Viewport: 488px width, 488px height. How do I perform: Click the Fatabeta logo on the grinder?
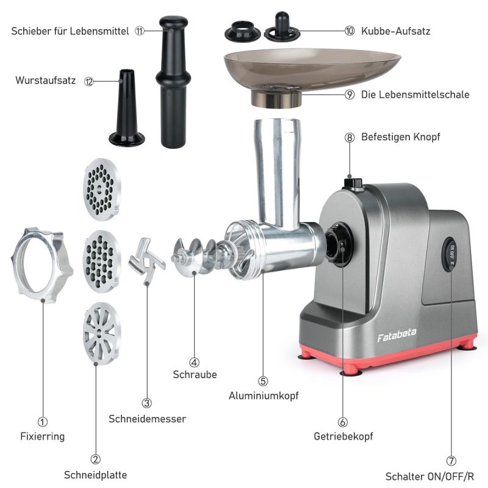pos(396,335)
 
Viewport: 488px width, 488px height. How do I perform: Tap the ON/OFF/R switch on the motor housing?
pos(450,254)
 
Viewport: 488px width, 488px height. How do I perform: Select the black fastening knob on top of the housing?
pos(353,184)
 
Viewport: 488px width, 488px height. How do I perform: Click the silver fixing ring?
pos(42,265)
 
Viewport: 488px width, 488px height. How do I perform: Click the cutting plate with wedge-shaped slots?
pos(102,333)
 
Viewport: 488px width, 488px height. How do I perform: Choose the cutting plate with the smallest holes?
pos(102,189)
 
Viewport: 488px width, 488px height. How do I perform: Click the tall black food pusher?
pos(173,82)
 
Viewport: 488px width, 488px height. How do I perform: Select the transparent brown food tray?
pos(311,78)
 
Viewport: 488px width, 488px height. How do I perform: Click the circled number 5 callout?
pos(263,381)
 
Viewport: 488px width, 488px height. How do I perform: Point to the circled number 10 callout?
pos(350,31)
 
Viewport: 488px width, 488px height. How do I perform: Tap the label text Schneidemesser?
pos(147,418)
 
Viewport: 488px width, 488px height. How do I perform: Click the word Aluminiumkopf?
pos(264,395)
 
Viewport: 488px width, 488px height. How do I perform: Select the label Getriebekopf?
pos(343,436)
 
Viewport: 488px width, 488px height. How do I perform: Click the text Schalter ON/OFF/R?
pos(430,476)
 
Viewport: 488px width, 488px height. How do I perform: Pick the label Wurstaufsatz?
pos(46,81)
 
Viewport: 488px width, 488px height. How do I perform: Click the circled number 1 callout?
pos(43,422)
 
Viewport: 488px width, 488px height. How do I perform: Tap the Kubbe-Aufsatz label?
pos(395,31)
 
